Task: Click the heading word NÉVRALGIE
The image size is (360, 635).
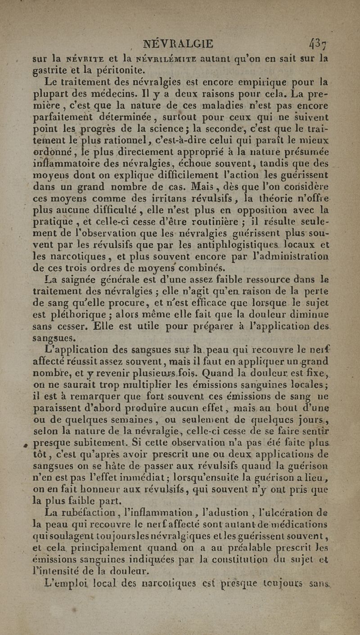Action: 178,44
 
